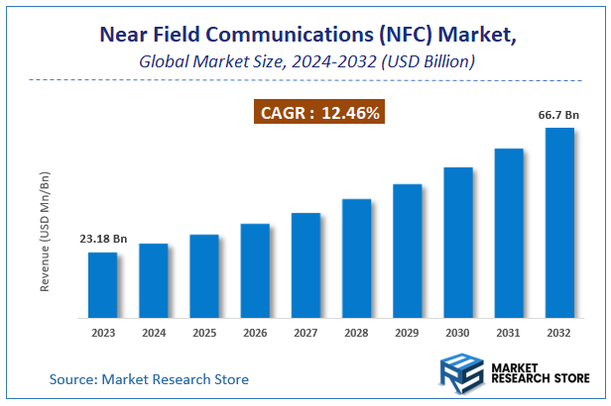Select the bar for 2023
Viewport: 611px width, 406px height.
[x=102, y=285]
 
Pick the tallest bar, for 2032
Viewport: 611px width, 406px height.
[x=560, y=223]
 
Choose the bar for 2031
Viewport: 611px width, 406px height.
[x=509, y=233]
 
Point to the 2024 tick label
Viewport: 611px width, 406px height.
[x=154, y=333]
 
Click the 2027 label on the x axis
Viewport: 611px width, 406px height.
[x=305, y=333]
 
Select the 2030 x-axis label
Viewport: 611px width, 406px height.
[x=458, y=333]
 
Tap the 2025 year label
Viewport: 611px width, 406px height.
[x=204, y=333]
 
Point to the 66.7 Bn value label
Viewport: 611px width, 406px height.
[x=558, y=116]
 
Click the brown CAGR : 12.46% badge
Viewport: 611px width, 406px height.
[x=320, y=113]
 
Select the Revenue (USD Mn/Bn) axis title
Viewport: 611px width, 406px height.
[x=45, y=231]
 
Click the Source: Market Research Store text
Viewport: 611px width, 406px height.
[x=149, y=379]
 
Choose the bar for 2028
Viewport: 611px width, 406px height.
[x=357, y=258]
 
